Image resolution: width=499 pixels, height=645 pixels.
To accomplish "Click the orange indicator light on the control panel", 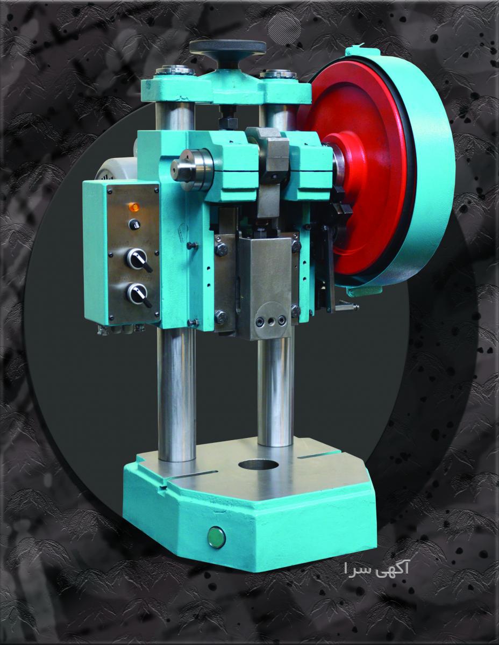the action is pos(134,206).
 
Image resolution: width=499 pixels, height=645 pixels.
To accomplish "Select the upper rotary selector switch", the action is pos(137,259).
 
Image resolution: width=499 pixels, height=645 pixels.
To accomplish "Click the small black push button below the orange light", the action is pos(135,225).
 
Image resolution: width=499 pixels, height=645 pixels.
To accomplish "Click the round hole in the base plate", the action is pos(259,465).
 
